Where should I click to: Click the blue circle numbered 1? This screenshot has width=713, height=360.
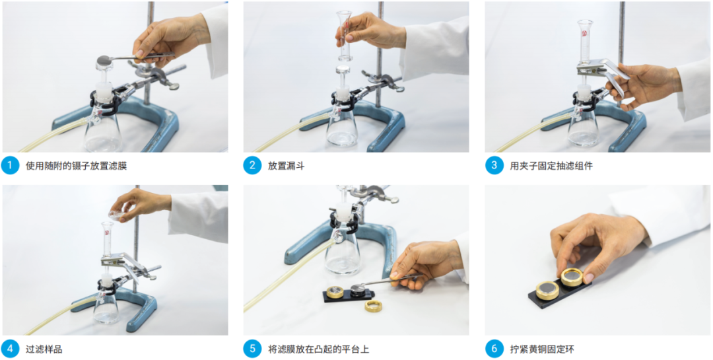(x=9, y=165)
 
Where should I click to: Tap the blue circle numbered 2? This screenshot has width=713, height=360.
(x=252, y=165)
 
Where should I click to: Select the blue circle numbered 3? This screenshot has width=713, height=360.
(x=494, y=165)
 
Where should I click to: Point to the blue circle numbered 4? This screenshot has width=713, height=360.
(x=9, y=349)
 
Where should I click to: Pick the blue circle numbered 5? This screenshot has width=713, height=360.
(x=252, y=349)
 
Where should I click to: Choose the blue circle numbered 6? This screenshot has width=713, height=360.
(x=494, y=349)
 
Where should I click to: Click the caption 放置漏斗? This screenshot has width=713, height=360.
(x=286, y=166)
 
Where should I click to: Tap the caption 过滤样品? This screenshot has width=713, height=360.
(x=44, y=349)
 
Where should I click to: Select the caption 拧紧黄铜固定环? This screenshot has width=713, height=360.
(x=542, y=349)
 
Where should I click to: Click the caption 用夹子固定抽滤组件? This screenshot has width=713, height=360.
(x=551, y=166)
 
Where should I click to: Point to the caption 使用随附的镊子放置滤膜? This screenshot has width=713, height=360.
(x=77, y=166)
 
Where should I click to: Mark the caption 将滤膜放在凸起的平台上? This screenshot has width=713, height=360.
(x=318, y=349)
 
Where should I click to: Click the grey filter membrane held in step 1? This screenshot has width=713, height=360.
(x=104, y=59)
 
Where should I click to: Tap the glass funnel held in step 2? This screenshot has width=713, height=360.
(x=345, y=36)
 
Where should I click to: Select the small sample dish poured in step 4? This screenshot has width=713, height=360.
(x=117, y=215)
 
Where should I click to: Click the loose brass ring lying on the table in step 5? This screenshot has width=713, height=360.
(x=374, y=305)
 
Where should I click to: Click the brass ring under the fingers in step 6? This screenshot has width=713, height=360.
(x=572, y=277)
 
